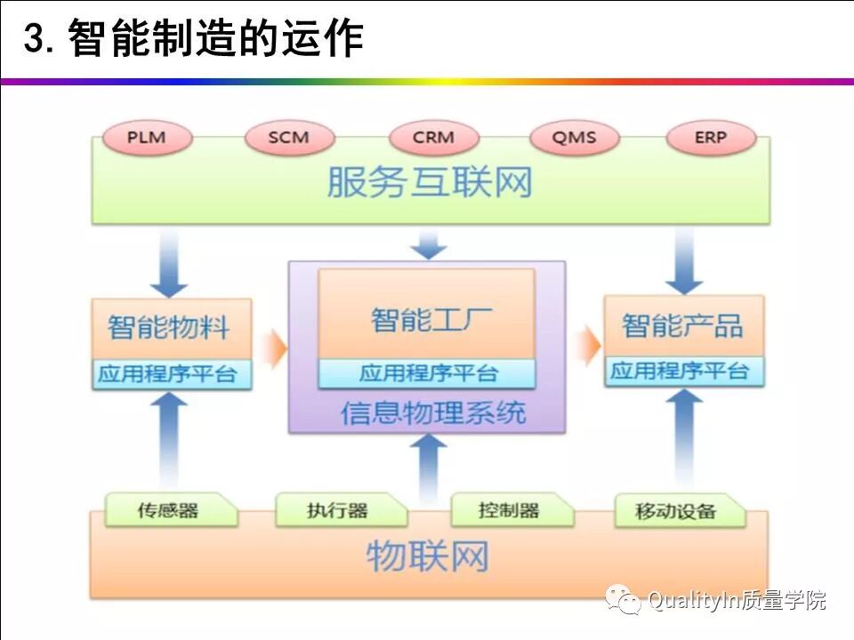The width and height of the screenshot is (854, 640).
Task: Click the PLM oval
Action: [x=147, y=138]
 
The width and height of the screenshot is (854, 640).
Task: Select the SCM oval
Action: [x=289, y=138]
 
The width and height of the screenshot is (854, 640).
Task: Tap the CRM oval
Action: [x=433, y=138]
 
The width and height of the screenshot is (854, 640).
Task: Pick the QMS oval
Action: [x=574, y=138]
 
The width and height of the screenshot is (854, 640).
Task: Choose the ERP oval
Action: [x=711, y=138]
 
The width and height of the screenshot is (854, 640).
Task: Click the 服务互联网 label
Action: [x=430, y=183]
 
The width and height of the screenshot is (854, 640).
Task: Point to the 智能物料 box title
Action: [x=170, y=326]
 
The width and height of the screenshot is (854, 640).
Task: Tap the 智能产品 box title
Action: [x=682, y=325]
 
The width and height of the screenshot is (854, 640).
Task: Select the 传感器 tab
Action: [x=168, y=510]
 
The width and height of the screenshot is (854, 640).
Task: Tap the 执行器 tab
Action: [x=338, y=510]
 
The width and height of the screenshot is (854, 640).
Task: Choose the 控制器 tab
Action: [x=509, y=510]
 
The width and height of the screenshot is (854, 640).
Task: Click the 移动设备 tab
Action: [x=677, y=511]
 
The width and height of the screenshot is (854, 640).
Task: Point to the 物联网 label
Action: [x=428, y=557]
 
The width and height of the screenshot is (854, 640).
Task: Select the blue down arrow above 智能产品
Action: [x=684, y=262]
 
